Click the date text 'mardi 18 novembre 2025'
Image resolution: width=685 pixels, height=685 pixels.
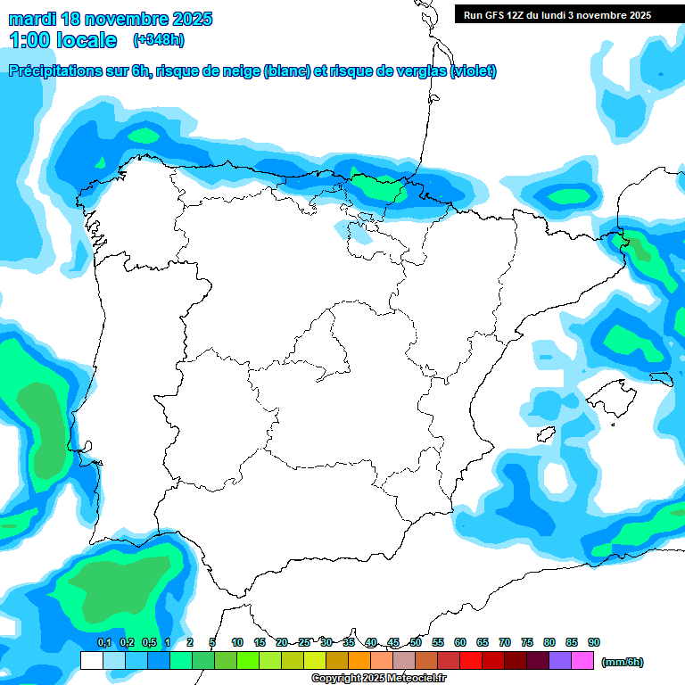coord(111,19)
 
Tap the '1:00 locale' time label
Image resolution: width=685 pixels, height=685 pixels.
coord(63,40)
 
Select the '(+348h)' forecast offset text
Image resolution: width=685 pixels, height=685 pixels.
coord(159,40)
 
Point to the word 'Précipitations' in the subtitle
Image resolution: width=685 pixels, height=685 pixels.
coord(53,71)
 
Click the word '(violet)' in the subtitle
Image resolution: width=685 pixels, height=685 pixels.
coord(474,71)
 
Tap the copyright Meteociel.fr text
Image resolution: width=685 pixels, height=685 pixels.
coord(378,679)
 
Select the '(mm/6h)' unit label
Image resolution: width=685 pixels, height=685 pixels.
coord(623,662)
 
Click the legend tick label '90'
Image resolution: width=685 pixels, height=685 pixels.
coord(594,642)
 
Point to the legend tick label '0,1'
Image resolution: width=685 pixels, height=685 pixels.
coord(104,642)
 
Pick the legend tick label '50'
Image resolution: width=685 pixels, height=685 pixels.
coord(416,642)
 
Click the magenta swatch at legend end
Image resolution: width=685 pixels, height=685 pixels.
coord(582,661)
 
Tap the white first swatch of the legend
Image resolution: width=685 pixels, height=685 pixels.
coord(92,661)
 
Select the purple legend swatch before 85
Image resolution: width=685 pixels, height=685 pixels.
coord(560,661)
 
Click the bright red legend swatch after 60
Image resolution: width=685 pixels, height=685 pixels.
coord(471,661)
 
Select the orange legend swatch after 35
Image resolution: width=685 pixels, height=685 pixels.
coord(359,661)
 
